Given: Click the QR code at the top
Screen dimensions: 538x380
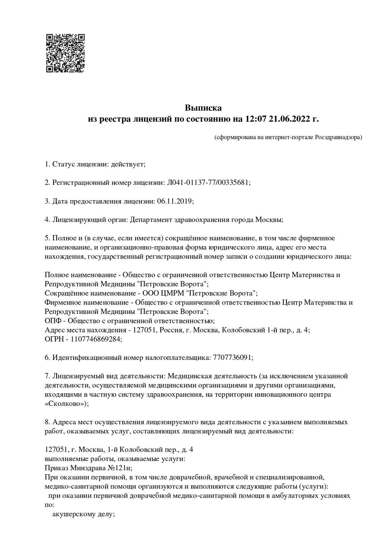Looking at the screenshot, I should [x=66, y=53].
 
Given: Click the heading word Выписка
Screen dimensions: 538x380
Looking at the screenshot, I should [x=203, y=108].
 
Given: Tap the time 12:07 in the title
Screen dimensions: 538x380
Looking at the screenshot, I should [x=255, y=119].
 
